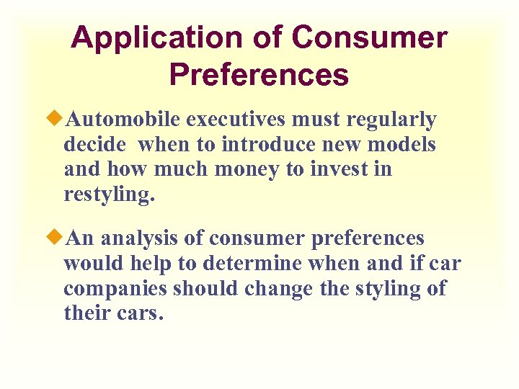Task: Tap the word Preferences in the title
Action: [259, 74]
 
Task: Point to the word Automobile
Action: [120, 119]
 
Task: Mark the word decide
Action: [95, 145]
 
